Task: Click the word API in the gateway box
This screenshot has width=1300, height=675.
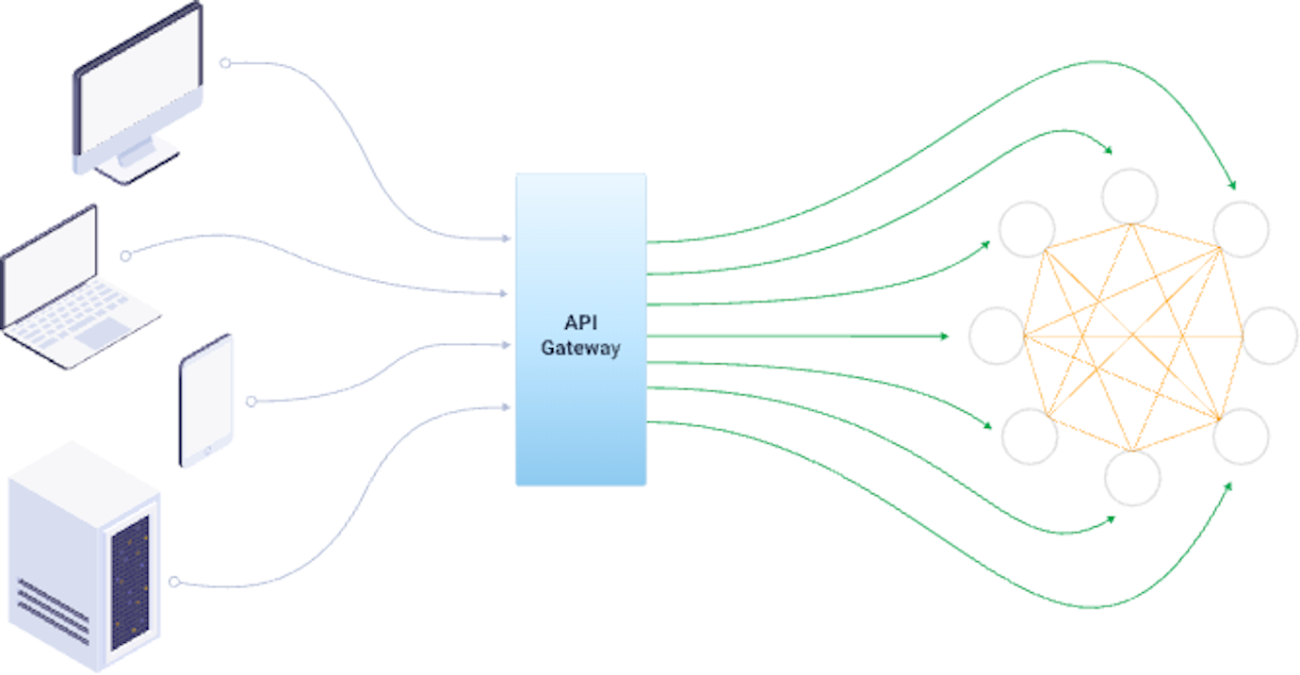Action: click(x=580, y=323)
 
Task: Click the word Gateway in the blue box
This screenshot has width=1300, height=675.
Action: click(x=580, y=349)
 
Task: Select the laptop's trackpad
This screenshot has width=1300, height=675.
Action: click(x=103, y=333)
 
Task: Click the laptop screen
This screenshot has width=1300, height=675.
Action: click(x=49, y=266)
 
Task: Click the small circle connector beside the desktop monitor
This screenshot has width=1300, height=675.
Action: click(x=224, y=63)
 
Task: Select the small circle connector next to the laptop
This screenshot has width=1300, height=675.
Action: click(x=125, y=255)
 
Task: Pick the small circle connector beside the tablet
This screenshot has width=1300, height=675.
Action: click(x=251, y=402)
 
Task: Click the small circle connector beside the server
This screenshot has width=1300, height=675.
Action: click(x=173, y=582)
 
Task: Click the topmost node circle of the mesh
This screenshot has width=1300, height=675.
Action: click(x=1130, y=196)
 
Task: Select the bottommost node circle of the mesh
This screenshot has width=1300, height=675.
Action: click(x=1132, y=478)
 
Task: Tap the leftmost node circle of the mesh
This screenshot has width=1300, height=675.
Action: click(x=997, y=336)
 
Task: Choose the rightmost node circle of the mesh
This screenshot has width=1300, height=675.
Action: click(x=1270, y=336)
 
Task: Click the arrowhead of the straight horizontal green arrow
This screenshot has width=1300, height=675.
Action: click(x=945, y=336)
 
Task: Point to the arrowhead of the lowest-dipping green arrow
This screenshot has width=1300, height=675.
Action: click(x=1229, y=486)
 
